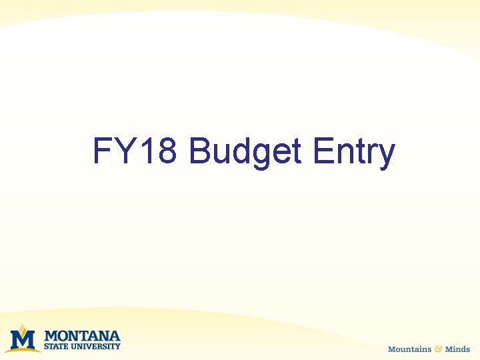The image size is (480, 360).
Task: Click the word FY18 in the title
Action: click(x=135, y=151)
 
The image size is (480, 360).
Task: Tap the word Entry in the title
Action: click(x=354, y=153)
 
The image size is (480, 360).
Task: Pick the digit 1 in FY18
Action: click(x=146, y=151)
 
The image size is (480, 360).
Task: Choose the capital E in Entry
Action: click(x=324, y=151)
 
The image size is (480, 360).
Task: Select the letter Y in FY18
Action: click(x=123, y=151)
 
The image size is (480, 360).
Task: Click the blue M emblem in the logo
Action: click(x=23, y=340)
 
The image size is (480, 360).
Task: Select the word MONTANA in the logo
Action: click(x=82, y=335)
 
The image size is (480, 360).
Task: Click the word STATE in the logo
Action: click(x=56, y=346)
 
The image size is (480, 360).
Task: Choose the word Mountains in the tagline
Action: click(x=409, y=349)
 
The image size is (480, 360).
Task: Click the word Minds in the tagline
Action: click(x=457, y=349)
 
